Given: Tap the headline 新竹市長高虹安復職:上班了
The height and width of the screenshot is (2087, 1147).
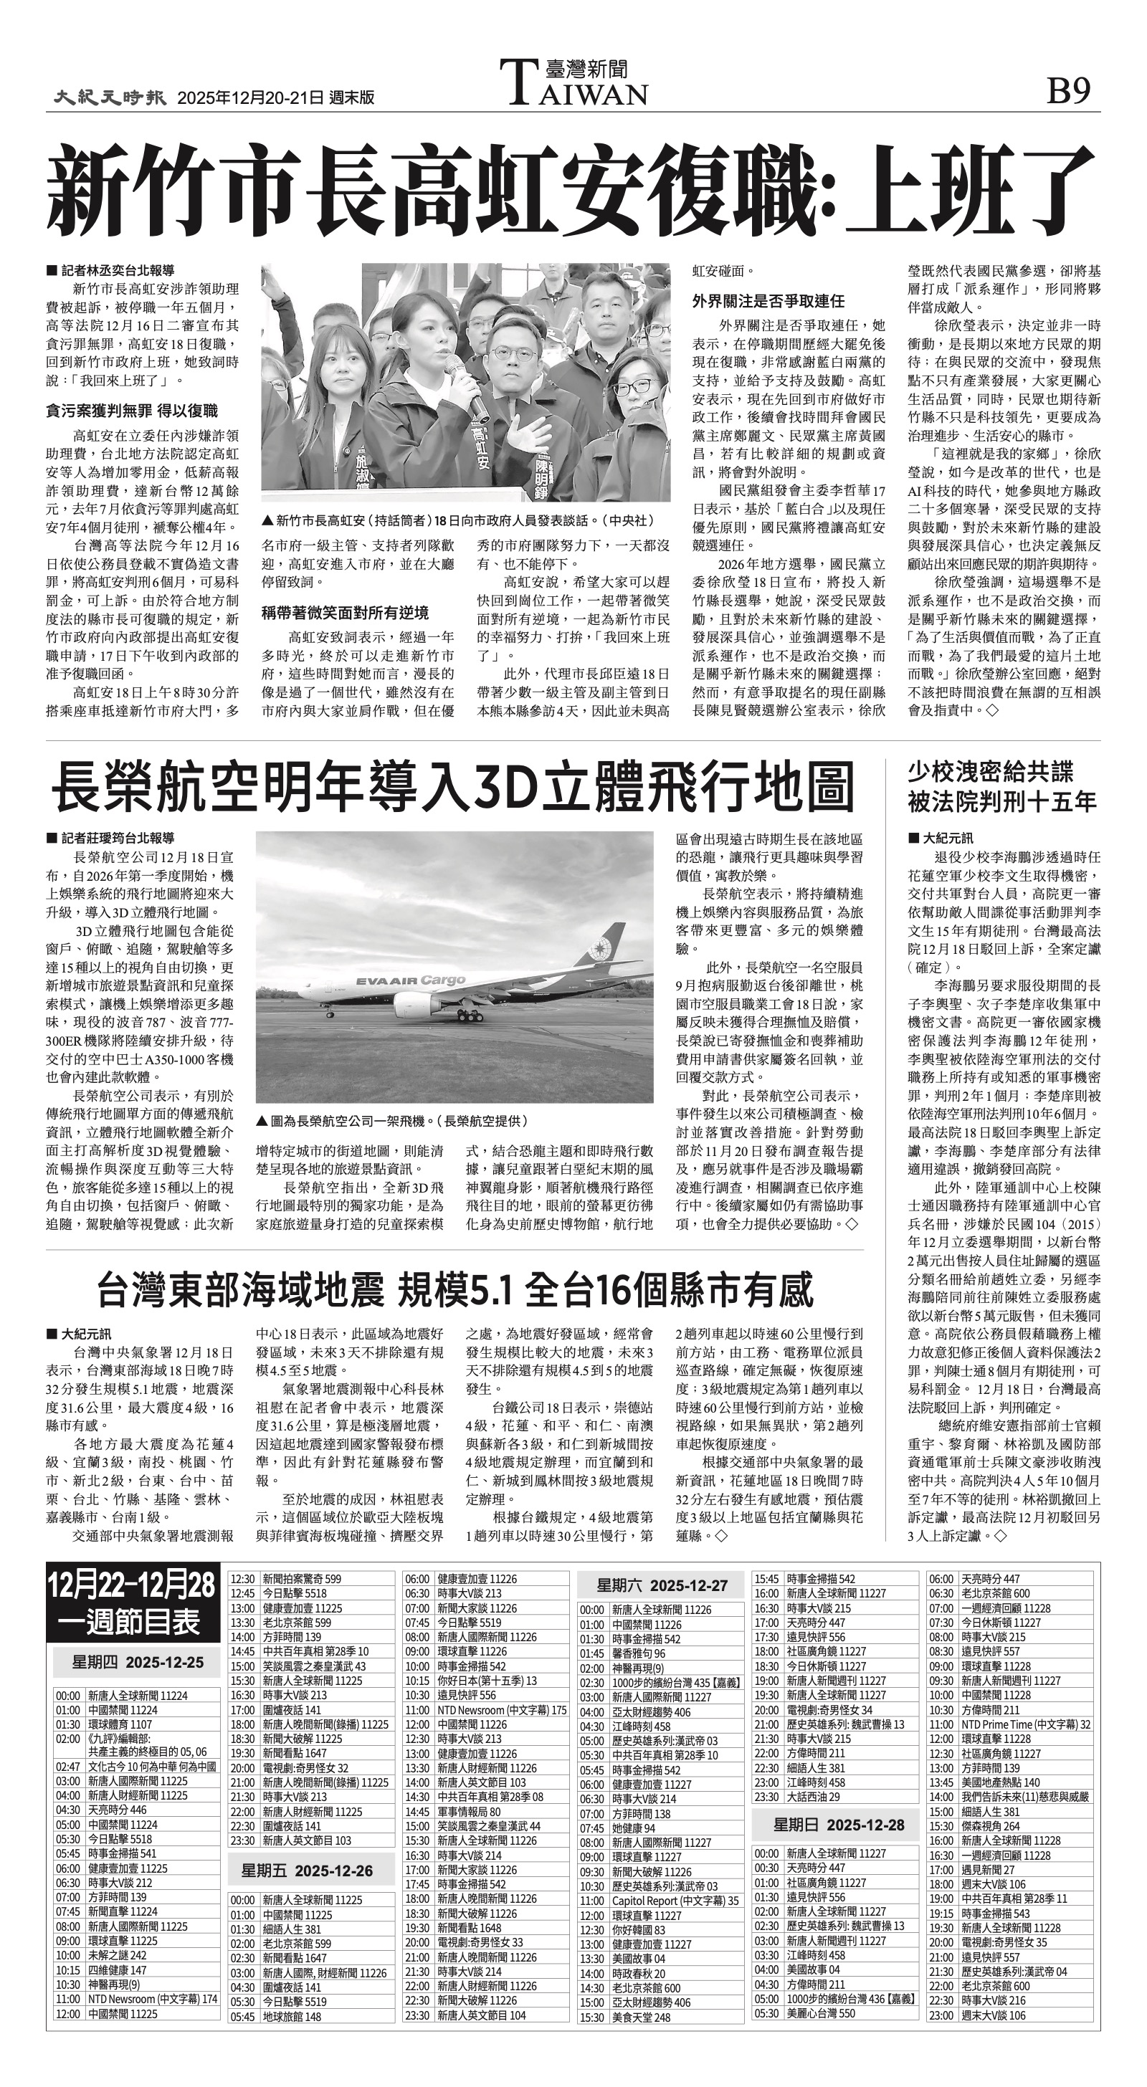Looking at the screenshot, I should (572, 190).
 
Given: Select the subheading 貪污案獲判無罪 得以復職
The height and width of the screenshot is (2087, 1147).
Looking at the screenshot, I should (131, 411).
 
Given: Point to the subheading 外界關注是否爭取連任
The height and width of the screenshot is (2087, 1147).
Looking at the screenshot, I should (768, 300).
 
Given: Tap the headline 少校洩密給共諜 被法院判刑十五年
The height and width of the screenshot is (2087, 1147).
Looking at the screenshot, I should (1002, 786).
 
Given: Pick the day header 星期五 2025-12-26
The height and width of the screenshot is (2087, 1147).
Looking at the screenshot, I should (308, 1871).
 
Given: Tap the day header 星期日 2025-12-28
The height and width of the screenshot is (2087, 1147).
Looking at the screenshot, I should (838, 1825).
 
